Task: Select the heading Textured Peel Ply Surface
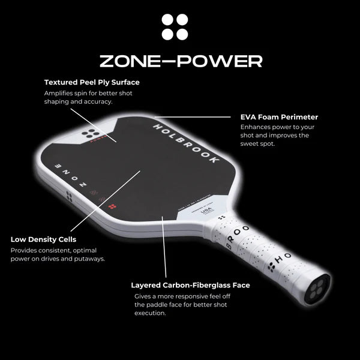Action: point(92,82)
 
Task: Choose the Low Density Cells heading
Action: point(43,239)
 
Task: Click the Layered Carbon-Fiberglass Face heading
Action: point(190,285)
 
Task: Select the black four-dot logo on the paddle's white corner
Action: point(92,131)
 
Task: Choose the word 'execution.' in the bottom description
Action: point(149,313)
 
